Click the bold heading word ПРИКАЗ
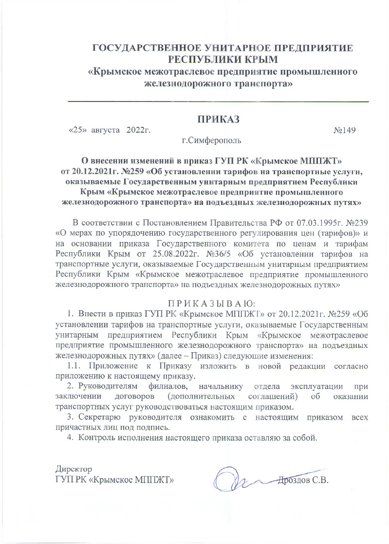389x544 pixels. pyautogui.click(x=219, y=119)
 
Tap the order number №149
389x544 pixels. pyautogui.click(x=345, y=131)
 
